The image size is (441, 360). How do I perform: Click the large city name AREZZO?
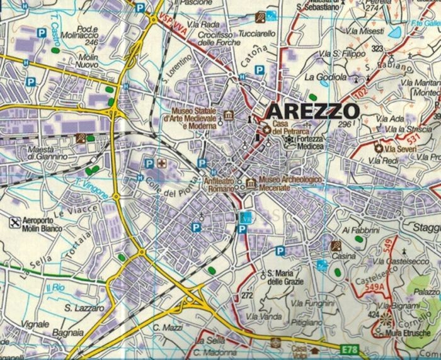pyautogui.click(x=313, y=111)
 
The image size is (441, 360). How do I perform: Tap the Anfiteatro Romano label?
pyautogui.click(x=220, y=184)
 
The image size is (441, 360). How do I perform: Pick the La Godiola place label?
pyautogui.click(x=326, y=77)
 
